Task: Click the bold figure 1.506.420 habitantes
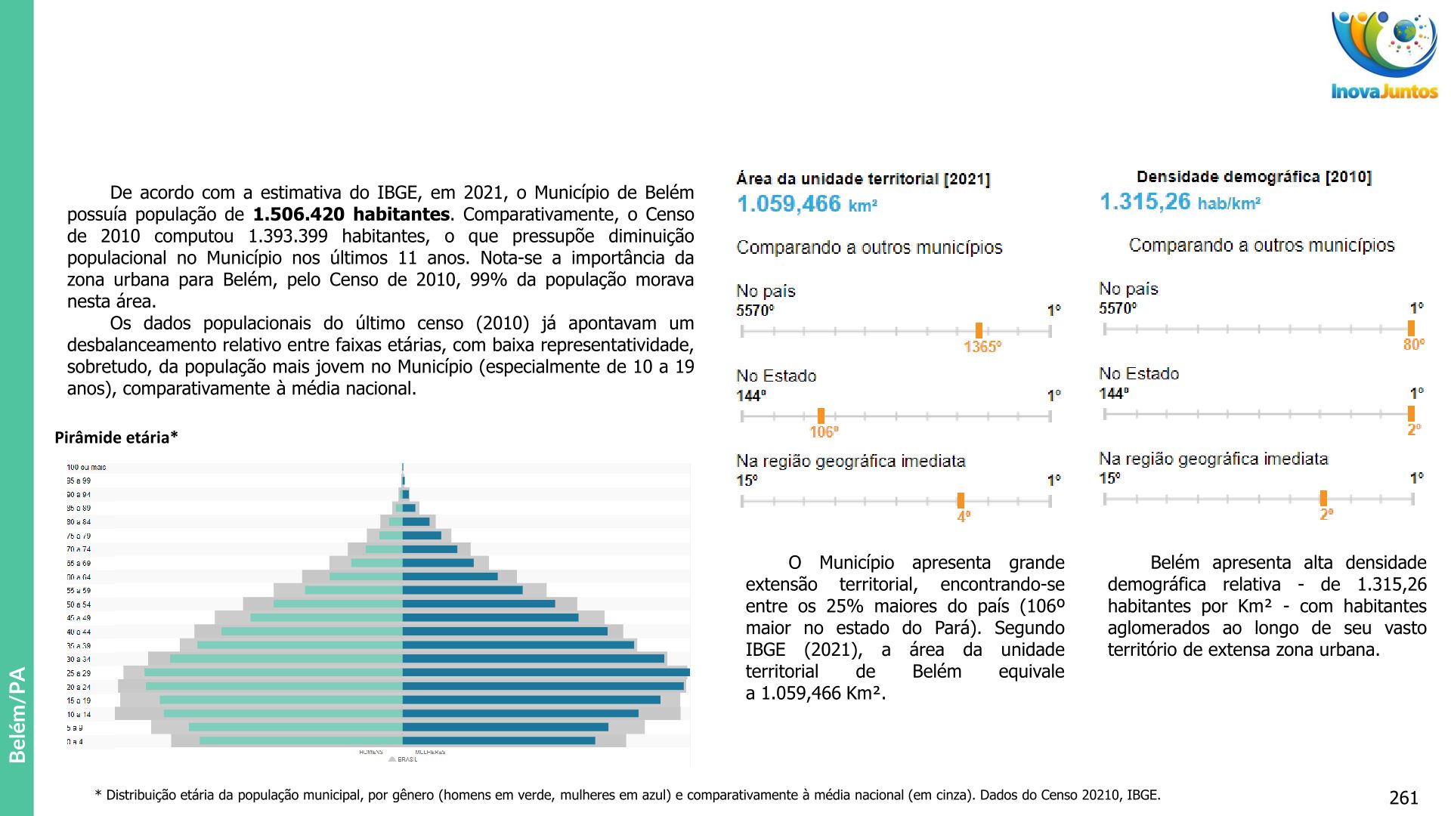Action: tap(351, 215)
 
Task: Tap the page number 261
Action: tap(1403, 798)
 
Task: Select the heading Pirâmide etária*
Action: tap(116, 437)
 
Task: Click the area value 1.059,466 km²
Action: tap(806, 204)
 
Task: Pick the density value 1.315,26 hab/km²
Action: tap(1180, 202)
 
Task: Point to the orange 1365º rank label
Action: tap(982, 347)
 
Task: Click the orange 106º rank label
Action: tap(824, 432)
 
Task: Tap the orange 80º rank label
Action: tap(1414, 345)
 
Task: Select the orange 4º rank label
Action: tap(964, 517)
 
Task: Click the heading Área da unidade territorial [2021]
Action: tap(863, 179)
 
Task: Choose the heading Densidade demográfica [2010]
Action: tap(1254, 177)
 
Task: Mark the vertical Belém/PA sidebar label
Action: tap(17, 714)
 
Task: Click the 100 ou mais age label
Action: tap(86, 468)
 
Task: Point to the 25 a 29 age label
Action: tap(79, 673)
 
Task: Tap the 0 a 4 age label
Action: tap(75, 742)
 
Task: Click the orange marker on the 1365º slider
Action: tap(979, 331)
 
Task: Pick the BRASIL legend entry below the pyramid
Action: tap(407, 759)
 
